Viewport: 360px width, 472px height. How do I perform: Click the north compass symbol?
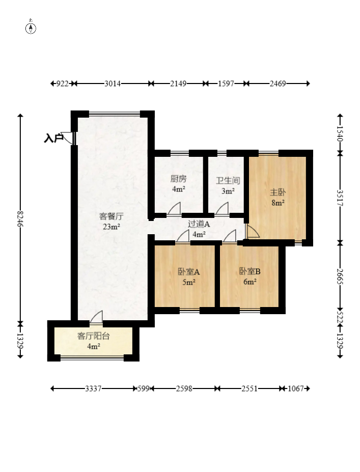click(x=31, y=27)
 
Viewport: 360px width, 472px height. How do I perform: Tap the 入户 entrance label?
click(x=53, y=138)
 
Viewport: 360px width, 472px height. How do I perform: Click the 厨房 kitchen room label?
click(x=179, y=179)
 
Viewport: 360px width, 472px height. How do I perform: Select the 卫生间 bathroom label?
click(x=228, y=181)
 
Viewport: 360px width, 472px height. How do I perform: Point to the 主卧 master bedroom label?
click(x=278, y=192)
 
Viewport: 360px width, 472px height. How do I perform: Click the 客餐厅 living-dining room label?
click(x=112, y=216)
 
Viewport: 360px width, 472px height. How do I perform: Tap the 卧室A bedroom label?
click(x=189, y=272)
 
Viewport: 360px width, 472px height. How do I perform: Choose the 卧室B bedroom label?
click(x=250, y=271)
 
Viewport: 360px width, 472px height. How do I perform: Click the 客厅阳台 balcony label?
click(x=93, y=336)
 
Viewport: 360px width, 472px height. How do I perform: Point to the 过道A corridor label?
click(x=199, y=224)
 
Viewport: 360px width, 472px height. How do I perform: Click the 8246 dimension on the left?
click(x=20, y=219)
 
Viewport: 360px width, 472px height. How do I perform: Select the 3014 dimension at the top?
click(x=113, y=84)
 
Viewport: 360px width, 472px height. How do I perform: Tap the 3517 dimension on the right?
click(x=340, y=198)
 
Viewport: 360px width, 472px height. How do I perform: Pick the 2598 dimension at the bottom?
click(x=184, y=388)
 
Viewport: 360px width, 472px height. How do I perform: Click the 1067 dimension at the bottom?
click(x=295, y=388)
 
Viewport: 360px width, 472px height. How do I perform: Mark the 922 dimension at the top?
click(x=63, y=84)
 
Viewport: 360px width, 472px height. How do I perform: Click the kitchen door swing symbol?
click(x=174, y=209)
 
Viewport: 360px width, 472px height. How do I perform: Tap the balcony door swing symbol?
click(x=96, y=317)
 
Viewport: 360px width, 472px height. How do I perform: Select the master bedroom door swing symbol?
click(x=252, y=231)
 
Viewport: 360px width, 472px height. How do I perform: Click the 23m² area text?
click(x=112, y=227)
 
